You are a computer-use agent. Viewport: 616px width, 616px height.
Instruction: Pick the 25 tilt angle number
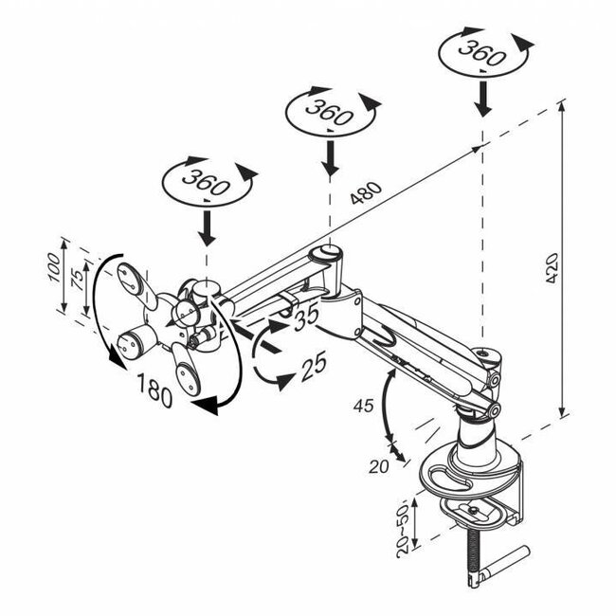314,366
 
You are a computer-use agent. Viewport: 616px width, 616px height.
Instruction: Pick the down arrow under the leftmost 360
207,227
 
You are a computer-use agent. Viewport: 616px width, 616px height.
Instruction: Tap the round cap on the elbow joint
326,253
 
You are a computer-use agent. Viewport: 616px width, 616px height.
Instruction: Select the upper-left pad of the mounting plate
134,281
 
